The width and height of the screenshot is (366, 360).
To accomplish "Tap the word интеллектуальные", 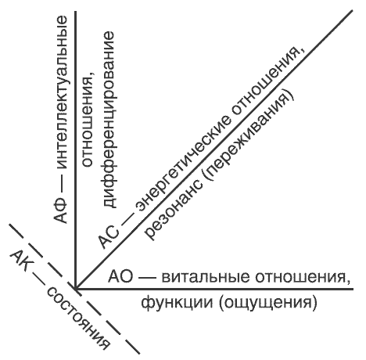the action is tap(61, 93).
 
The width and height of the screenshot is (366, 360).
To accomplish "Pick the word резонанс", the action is tap(173, 209).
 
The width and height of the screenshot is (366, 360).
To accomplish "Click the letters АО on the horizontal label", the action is tap(120, 277).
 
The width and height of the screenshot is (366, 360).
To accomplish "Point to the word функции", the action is tap(177, 304).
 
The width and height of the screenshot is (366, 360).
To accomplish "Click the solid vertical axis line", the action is tap(76, 150).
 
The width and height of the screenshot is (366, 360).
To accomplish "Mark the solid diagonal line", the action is tap(213, 149).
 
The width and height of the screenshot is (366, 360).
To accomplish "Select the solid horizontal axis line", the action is tap(213, 289).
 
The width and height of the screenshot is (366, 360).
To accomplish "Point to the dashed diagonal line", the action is tap(74, 289).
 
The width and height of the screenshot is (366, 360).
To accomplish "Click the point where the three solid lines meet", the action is tap(76, 289).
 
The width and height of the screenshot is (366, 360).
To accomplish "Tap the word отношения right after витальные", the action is tap(303, 278).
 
